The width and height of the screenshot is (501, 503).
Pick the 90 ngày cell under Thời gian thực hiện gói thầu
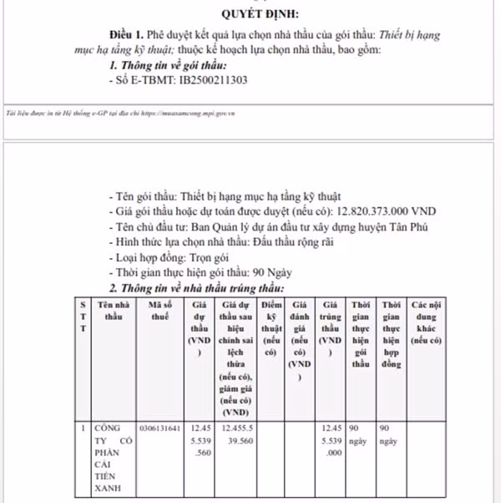(x=360, y=434)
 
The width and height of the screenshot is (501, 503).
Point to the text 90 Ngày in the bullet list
(x=278, y=272)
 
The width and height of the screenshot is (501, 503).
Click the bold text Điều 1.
(x=125, y=36)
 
